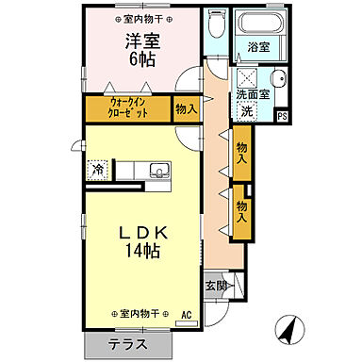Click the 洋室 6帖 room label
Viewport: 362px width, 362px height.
(x=142, y=49)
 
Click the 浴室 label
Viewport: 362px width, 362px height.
(x=256, y=45)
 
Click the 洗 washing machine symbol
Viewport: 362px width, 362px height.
(x=247, y=112)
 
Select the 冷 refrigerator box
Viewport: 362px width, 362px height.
(x=98, y=170)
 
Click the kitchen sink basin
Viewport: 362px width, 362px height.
(x=158, y=171)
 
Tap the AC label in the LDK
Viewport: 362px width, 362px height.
(x=186, y=315)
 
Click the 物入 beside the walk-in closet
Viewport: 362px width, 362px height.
(x=186, y=109)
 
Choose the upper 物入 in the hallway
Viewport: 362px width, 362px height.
(x=242, y=153)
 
